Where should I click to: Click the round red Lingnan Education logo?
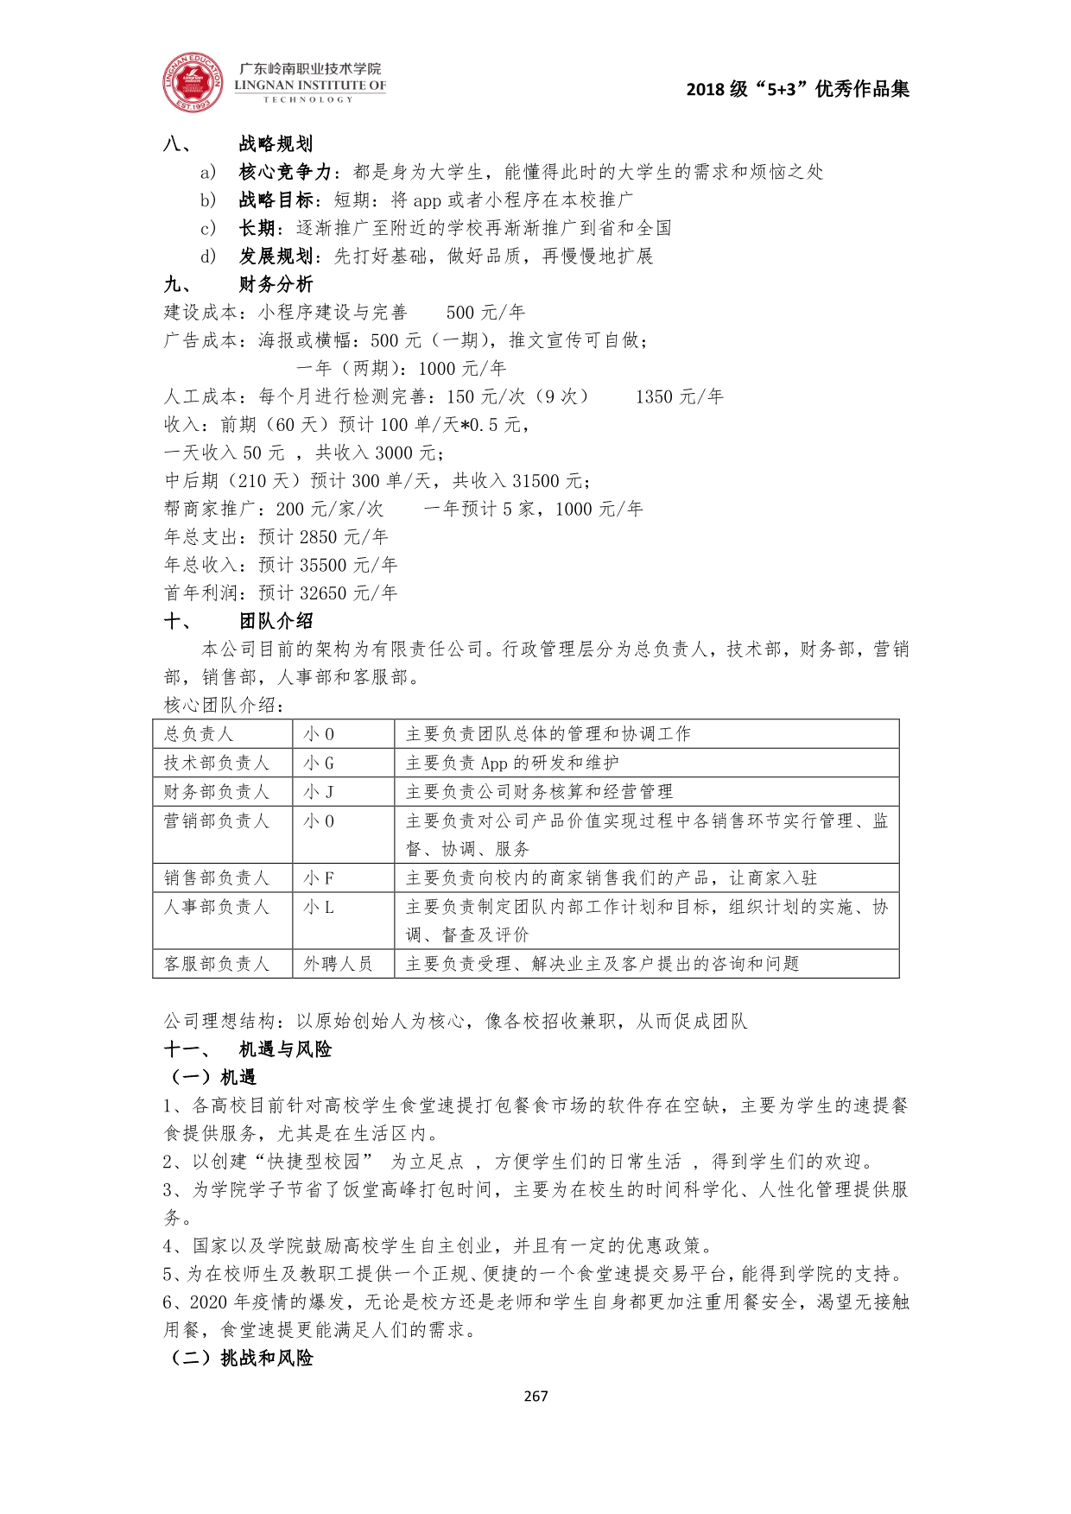coord(193,83)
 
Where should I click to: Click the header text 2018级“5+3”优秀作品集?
coord(797,89)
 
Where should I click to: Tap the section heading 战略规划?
coord(276,144)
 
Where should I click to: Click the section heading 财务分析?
coord(276,284)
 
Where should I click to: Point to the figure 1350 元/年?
coord(679,396)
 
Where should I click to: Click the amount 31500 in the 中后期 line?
coord(535,480)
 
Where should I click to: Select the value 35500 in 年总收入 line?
coord(323,565)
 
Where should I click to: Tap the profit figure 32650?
coord(323,592)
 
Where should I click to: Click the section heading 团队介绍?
coord(276,621)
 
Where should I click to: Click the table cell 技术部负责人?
coord(217,763)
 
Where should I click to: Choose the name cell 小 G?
coord(319,763)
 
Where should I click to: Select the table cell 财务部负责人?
coord(217,791)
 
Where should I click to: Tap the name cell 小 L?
coord(319,906)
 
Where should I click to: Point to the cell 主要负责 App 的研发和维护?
coord(512,763)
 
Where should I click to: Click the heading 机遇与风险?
coord(285,1049)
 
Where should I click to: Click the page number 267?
coord(535,1396)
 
